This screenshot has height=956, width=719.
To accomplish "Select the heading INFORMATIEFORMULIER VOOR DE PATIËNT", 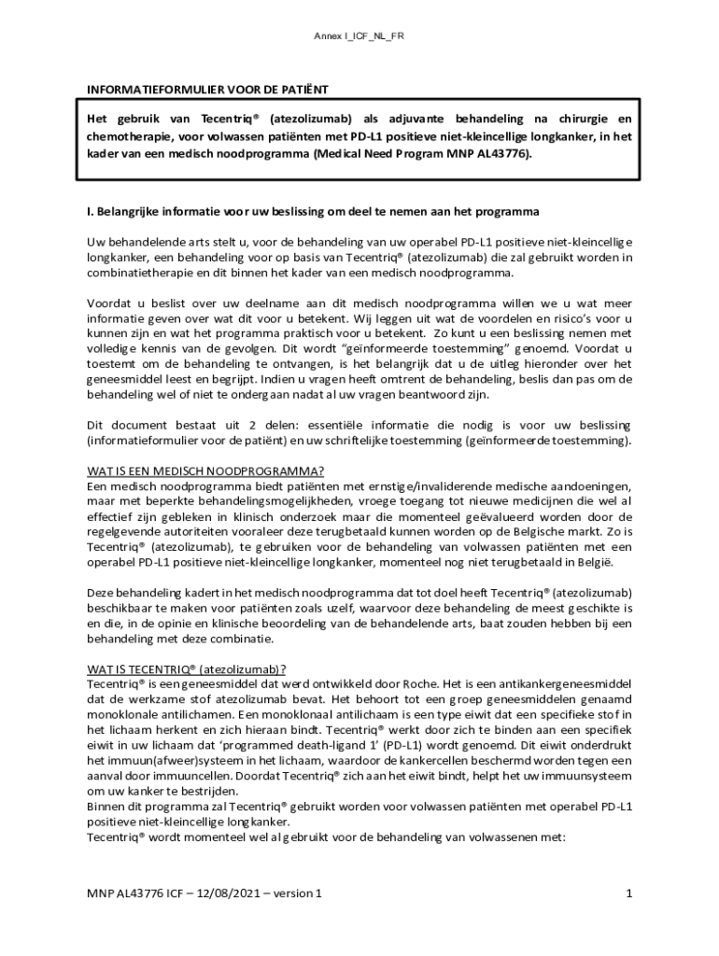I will click(208, 91).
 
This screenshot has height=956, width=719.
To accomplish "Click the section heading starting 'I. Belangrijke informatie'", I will click(313, 212).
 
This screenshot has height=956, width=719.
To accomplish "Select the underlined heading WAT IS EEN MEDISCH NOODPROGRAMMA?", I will click(206, 471).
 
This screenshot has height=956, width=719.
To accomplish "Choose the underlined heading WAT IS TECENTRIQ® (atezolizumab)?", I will click(187, 668).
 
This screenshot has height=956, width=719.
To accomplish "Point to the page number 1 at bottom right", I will click(629, 893).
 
